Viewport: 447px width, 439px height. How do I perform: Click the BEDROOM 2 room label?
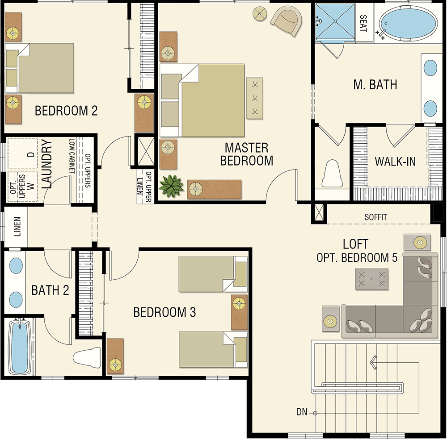coord(66,111)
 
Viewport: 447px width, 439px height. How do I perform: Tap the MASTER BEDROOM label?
coord(247,154)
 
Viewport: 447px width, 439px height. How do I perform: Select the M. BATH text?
coord(375,84)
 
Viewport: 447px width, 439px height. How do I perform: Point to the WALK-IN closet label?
coord(395,162)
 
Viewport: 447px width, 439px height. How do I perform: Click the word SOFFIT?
coord(376,217)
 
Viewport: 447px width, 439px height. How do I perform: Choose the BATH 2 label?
coord(50,290)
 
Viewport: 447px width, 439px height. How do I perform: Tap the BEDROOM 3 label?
coord(164,312)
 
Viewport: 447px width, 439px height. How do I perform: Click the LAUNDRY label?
coord(47,164)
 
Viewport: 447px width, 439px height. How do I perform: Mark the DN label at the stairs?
coord(302,412)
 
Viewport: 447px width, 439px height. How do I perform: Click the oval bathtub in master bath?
coord(408,23)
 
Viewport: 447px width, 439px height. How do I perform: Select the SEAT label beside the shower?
coord(363,24)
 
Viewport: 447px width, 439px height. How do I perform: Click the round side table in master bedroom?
coord(260,14)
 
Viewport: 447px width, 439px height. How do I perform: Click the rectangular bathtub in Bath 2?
coord(20,347)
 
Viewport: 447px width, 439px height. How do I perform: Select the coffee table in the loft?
coord(372,279)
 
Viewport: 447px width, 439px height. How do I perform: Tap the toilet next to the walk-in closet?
coord(332,173)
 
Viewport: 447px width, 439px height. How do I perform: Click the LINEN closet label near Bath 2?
coord(17,227)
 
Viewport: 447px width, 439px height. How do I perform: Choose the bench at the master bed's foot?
coord(255,98)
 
